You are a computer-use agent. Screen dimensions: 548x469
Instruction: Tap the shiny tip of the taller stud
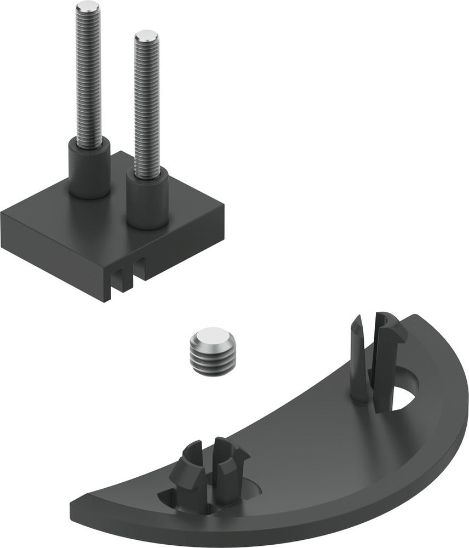[x=88, y=7]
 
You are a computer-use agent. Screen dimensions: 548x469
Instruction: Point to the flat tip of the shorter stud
[x=146, y=37]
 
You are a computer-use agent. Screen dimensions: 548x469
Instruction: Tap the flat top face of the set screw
[x=210, y=336]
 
